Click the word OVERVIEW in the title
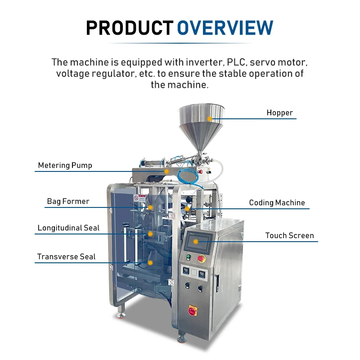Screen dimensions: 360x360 [225, 28]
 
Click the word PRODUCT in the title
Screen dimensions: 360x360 [130, 28]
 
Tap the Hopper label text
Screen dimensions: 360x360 [279, 112]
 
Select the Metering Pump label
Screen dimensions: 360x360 [65, 165]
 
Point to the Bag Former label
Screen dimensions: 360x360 [68, 201]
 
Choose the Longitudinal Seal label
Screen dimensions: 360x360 [68, 228]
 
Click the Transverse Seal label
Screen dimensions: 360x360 [66, 256]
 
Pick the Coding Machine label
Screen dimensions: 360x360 [277, 202]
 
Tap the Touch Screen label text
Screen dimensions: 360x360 [289, 235]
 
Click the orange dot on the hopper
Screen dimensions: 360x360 [210, 118]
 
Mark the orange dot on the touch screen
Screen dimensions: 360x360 [196, 242]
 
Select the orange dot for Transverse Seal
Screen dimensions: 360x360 [150, 262]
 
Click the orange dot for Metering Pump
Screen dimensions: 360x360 [166, 171]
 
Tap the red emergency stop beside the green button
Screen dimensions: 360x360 [202, 258]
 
